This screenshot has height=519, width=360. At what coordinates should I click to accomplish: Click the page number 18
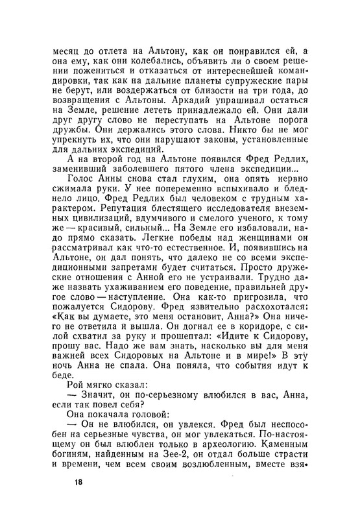coord(78,482)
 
